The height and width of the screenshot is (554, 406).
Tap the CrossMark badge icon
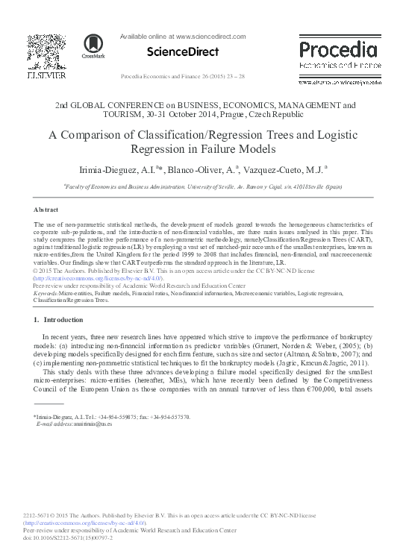point(93,45)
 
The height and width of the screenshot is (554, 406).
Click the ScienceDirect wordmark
point(183,52)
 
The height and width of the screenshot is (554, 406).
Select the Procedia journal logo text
point(337,49)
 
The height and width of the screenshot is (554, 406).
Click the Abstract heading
point(47,210)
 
